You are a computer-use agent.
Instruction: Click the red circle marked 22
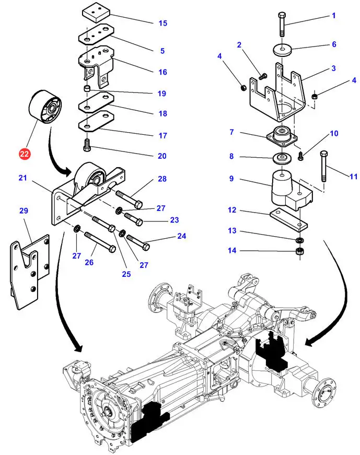point(25,154)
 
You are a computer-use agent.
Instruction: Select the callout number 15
point(162,23)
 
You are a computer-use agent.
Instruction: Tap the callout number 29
point(24,211)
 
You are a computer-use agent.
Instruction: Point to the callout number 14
point(231,251)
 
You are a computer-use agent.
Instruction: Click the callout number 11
point(353,177)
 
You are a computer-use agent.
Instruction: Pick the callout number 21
point(22,179)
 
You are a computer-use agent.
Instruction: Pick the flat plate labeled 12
point(288,218)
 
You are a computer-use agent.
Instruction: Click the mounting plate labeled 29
point(30,269)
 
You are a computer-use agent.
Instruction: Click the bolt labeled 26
point(96,240)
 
